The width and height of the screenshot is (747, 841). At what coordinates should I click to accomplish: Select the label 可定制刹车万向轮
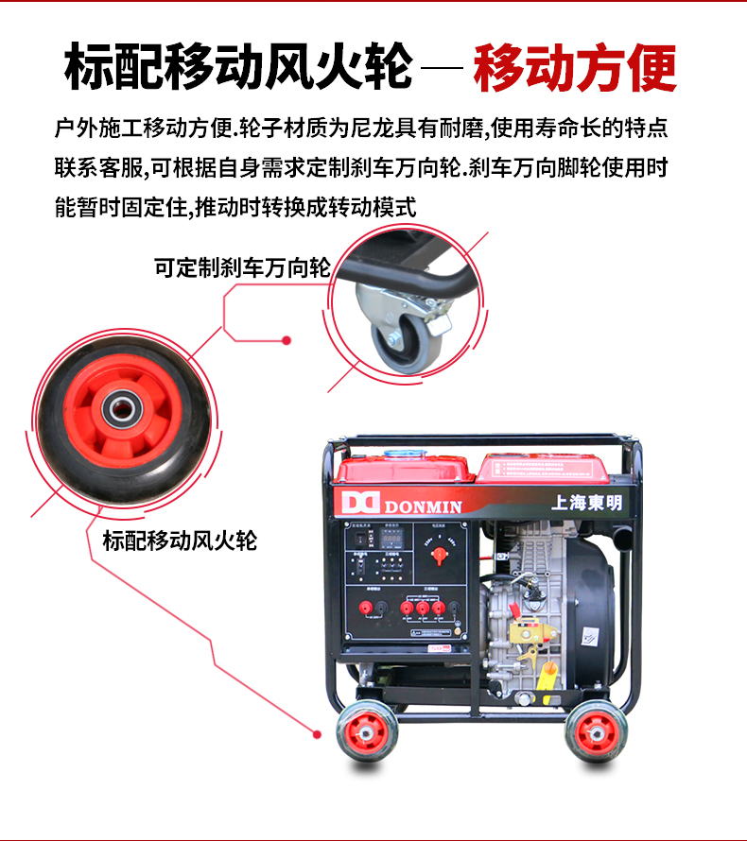242,268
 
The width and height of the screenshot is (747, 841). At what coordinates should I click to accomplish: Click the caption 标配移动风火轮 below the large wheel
180,541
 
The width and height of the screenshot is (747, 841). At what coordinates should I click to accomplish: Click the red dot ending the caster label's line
287,341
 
